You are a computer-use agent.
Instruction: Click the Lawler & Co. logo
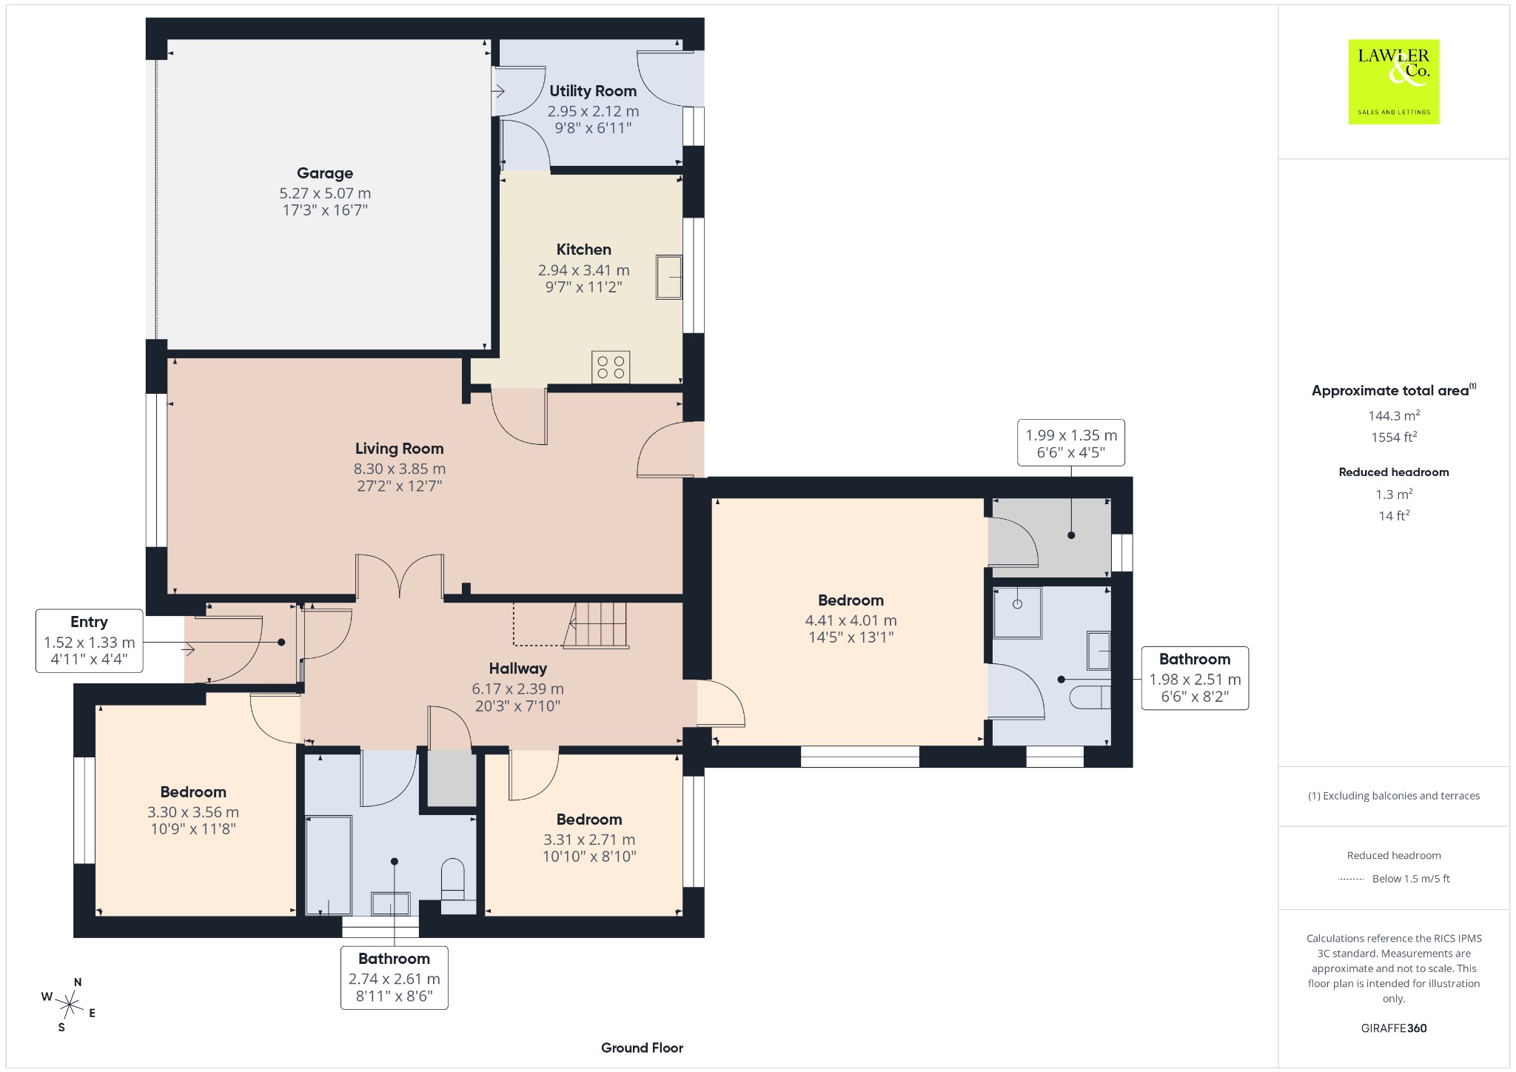1394,81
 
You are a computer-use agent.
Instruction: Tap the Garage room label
325,173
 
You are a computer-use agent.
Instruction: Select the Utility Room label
593,91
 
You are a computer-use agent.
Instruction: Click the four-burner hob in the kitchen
611,367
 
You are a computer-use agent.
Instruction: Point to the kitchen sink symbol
668,278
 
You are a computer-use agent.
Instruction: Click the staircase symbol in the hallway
596,626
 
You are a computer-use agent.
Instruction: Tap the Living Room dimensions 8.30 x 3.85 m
400,469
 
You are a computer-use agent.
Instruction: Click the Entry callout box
89,641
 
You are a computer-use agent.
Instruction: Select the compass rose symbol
70,1005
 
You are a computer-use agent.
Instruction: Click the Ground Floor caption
642,1048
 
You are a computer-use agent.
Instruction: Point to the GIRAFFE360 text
1394,1028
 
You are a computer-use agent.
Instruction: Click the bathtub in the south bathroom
329,865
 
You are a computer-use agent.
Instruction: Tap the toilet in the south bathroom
453,878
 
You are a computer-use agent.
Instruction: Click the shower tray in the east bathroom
1017,613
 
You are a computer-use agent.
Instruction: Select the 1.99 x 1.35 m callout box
1071,443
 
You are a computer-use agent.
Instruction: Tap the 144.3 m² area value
1394,415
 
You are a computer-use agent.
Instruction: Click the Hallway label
518,669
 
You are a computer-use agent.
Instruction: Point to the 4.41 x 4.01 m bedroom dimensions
851,620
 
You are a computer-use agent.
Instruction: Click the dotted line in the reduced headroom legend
1351,879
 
